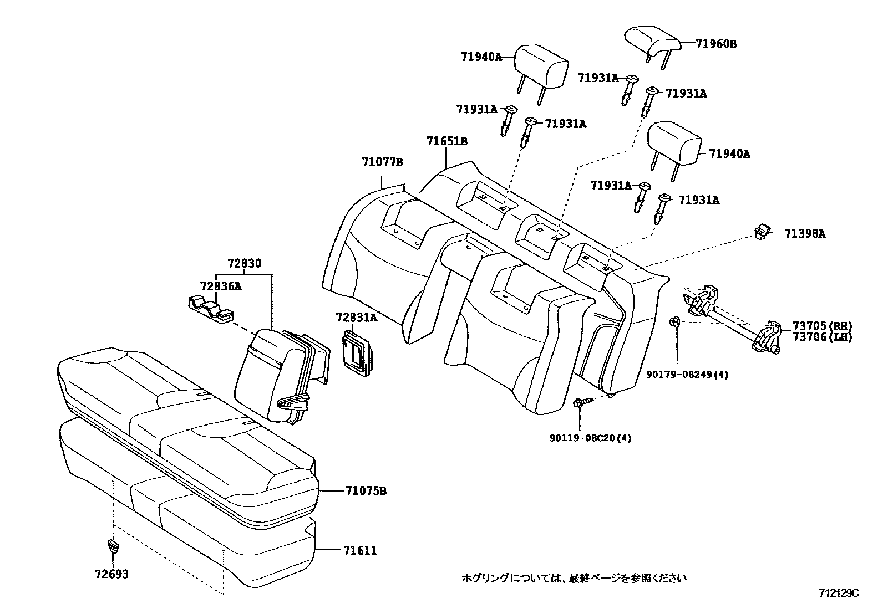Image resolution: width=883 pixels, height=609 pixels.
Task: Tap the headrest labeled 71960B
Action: pos(652,40)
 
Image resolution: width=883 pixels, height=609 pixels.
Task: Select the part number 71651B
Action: pos(446,141)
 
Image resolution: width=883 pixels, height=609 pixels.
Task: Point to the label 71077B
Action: pos(382,163)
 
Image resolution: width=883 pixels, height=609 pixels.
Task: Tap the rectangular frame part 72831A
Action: pos(356,349)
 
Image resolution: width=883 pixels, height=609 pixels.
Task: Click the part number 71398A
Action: pos(804,234)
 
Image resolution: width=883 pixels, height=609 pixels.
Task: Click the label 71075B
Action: pos(366,491)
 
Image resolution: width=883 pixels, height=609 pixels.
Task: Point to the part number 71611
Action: pos(360,550)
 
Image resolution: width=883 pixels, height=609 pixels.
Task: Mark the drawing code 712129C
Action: pos(839,593)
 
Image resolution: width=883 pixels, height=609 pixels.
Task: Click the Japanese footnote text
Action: pos(574,578)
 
